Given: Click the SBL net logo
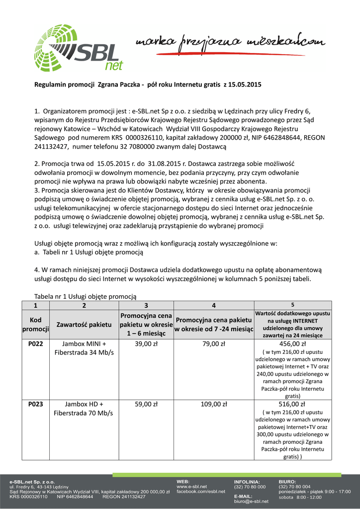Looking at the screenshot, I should click(79, 48).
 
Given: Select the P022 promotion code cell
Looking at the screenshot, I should click(35, 343).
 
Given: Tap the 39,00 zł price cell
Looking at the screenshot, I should click(146, 343).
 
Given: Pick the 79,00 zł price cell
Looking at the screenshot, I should click(214, 343).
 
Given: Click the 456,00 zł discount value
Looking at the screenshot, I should click(292, 343).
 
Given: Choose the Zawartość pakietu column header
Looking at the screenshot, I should click(84, 324).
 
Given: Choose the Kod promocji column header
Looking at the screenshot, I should click(35, 324).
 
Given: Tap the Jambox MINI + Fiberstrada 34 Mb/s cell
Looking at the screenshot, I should click(84, 348).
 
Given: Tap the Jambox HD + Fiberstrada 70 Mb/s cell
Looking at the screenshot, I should click(84, 409).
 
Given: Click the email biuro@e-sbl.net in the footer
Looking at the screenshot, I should click(251, 502).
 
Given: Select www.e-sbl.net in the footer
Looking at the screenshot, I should click(192, 486).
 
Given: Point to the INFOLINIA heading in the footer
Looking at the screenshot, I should click(247, 482).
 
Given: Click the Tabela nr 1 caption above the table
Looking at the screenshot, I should click(85, 296).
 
